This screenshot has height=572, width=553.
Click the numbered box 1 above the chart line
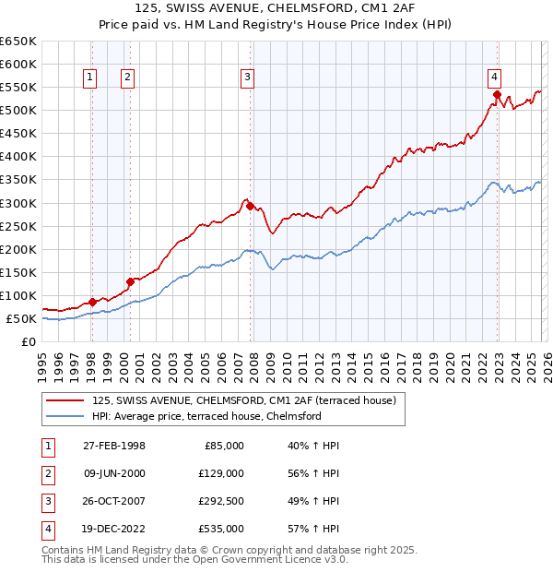point(91,78)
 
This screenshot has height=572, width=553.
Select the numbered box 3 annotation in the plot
point(248,78)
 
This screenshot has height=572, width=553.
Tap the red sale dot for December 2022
point(497,94)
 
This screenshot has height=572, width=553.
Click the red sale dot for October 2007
point(250,206)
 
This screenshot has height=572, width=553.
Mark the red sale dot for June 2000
point(130,281)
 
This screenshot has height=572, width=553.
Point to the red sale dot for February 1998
point(92,302)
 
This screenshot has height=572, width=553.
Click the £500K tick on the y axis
point(18,110)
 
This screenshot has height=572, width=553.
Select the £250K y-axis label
point(18,226)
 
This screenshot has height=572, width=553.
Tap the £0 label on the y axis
point(27,341)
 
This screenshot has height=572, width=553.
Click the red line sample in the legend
point(65,400)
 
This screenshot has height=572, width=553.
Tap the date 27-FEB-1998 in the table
point(114,446)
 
